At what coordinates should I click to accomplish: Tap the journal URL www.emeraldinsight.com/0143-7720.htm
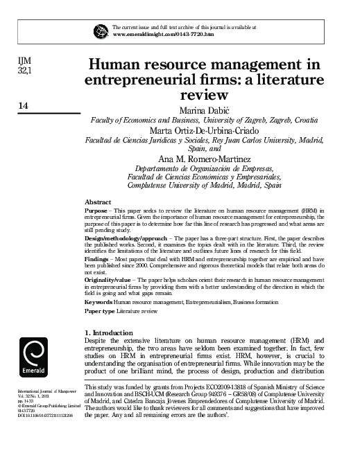(163, 34)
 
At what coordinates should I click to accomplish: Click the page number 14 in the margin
(23, 106)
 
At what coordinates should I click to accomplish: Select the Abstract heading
(97, 201)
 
